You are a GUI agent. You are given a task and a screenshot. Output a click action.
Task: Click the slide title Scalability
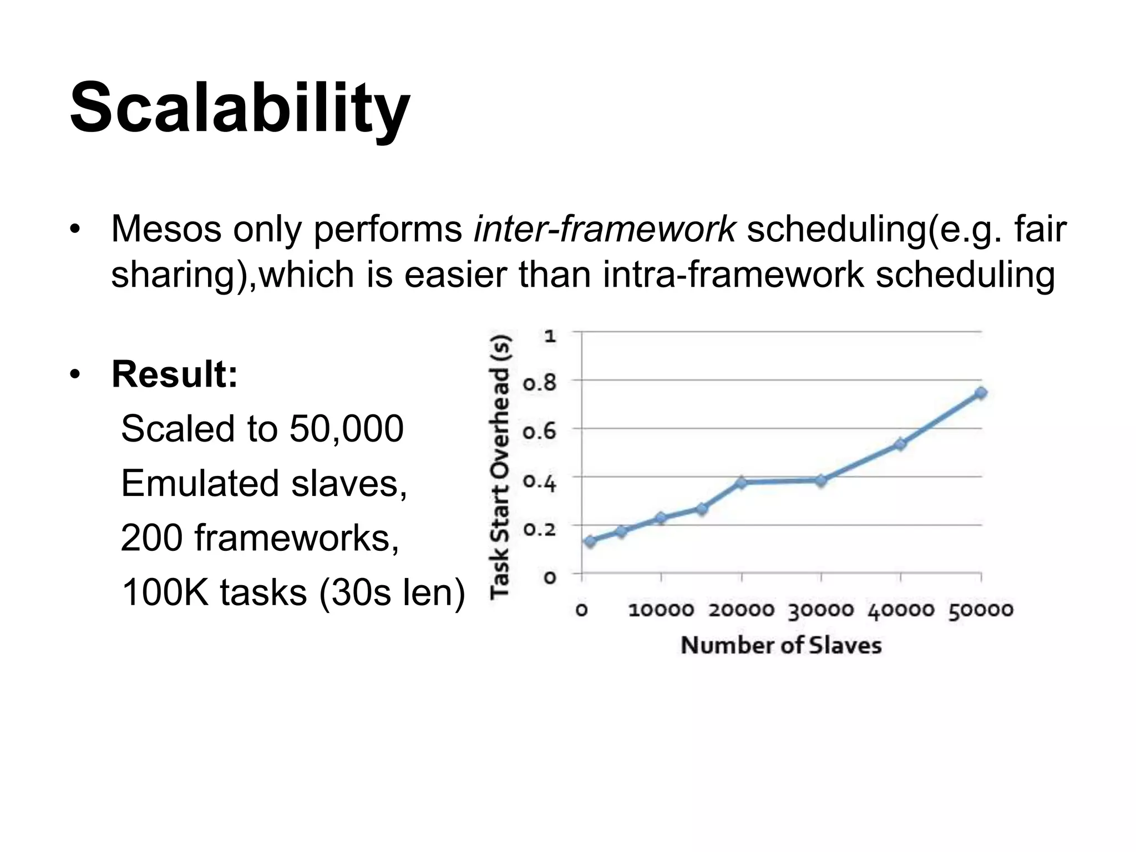[x=240, y=108]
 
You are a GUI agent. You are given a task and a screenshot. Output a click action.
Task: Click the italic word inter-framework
[x=604, y=229]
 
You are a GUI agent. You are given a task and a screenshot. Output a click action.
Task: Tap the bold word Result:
[x=175, y=374]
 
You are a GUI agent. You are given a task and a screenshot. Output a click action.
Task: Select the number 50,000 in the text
[x=346, y=429]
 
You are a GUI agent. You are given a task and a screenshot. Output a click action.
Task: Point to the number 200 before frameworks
[x=151, y=537]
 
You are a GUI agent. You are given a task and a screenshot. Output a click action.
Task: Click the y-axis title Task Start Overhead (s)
[x=501, y=466]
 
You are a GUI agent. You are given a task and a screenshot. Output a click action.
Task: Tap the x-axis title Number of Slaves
[x=781, y=646]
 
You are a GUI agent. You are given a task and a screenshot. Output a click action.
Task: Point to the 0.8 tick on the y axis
[x=539, y=382]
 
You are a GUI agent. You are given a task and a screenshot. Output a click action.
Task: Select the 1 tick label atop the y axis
[x=550, y=336]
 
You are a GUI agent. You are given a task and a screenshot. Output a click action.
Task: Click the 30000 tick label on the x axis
[x=821, y=611]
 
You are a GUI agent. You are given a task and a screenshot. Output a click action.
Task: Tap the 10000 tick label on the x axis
[x=661, y=611]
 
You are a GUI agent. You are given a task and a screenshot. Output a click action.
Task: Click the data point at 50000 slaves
[x=981, y=393]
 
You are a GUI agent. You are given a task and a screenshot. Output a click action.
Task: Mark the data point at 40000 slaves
[x=900, y=444]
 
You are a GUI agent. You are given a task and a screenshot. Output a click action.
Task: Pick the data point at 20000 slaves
[x=741, y=483]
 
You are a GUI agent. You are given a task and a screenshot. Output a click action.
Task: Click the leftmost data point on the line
[x=590, y=541]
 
